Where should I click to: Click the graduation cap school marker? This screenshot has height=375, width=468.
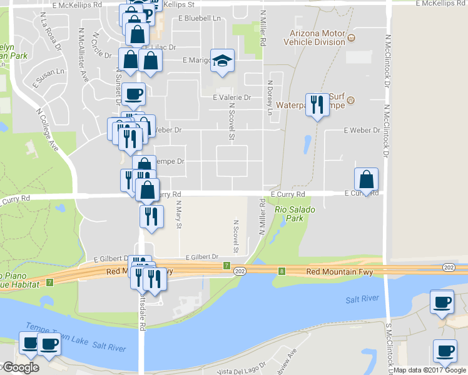click(x=221, y=61)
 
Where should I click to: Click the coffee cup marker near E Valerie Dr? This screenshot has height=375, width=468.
click(x=133, y=94)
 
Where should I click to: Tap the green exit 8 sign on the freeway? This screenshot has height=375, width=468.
click(x=282, y=271)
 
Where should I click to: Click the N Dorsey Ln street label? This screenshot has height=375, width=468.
click(x=270, y=97)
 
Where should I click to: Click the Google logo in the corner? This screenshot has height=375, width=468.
click(x=20, y=367)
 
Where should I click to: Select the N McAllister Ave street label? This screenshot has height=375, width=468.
click(x=83, y=56)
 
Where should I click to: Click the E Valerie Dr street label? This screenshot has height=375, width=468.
click(x=231, y=97)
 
